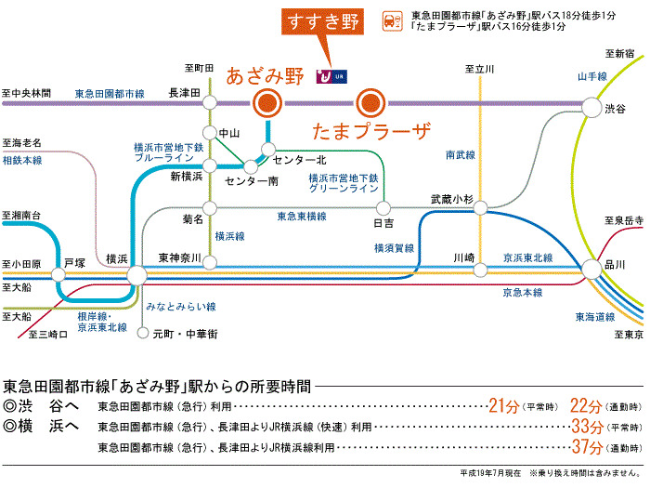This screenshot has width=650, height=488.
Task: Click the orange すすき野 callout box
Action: (x=322, y=21)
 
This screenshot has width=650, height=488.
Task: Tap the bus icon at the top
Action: (x=392, y=21)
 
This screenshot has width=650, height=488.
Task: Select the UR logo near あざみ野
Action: (x=331, y=76)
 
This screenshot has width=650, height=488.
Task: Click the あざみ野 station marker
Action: (x=267, y=103)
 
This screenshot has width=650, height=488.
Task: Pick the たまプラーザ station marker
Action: (x=370, y=103)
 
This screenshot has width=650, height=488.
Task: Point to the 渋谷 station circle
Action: (x=591, y=108)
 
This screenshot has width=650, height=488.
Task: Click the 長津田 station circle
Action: (x=210, y=102)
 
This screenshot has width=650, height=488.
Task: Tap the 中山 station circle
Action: (x=210, y=133)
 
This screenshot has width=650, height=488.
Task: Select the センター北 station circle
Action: (x=268, y=149)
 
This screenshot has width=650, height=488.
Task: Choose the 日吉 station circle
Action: (x=383, y=208)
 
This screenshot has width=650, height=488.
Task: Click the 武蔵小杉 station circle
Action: (x=480, y=207)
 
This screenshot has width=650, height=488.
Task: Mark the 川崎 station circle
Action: (x=480, y=270)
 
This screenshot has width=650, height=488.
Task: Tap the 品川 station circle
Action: (x=591, y=269)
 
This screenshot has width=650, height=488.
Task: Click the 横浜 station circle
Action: (x=136, y=275)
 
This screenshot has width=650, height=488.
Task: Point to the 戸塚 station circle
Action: (x=58, y=274)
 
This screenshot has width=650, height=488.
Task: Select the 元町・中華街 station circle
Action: (x=143, y=333)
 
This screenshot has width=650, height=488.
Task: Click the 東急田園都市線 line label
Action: (x=110, y=94)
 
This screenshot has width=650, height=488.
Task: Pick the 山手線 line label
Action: (x=592, y=76)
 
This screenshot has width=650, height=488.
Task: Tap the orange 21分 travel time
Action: (x=503, y=405)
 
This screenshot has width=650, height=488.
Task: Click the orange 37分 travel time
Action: (x=588, y=446)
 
